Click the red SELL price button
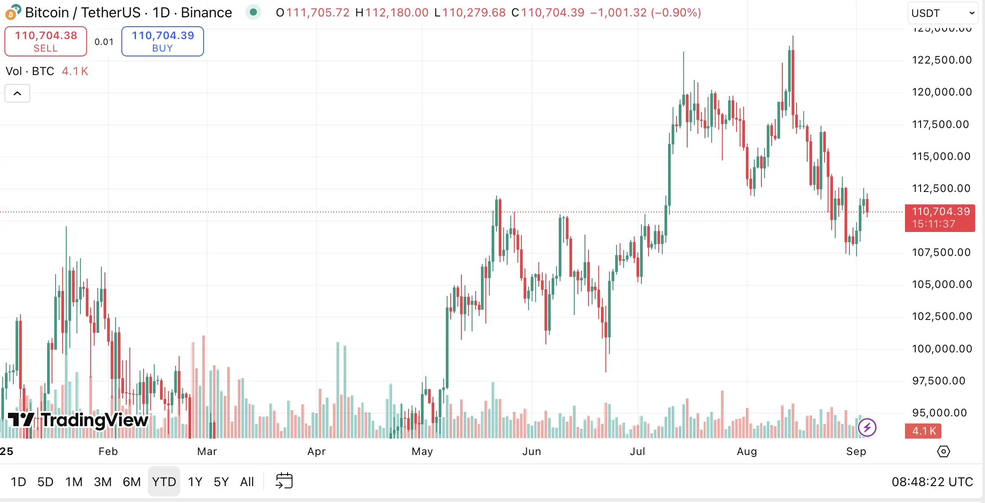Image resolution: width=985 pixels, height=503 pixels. (x=46, y=41)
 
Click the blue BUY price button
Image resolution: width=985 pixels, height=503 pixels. (x=163, y=41)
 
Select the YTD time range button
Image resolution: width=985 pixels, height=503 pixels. (x=164, y=482)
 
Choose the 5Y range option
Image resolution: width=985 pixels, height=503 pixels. (x=221, y=482)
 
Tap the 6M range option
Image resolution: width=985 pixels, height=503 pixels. (x=132, y=482)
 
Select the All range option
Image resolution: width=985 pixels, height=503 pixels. (x=247, y=482)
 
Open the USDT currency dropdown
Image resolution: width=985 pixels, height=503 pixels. (x=942, y=13)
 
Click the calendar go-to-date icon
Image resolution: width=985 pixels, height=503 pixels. (x=284, y=481)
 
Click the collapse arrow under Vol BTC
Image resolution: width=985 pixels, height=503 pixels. (x=17, y=93)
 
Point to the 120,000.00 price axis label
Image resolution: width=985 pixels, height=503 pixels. (x=941, y=92)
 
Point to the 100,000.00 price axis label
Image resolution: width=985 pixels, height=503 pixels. (x=941, y=349)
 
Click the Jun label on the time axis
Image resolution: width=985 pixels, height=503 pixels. (x=532, y=451)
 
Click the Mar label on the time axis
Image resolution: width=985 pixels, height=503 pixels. (x=207, y=451)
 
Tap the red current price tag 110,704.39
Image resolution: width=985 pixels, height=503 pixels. (x=940, y=218)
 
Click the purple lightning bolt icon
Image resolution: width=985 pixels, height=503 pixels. (x=867, y=427)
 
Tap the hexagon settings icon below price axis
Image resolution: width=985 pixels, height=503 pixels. (x=943, y=451)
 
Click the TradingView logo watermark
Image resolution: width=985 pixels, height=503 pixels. (x=78, y=419)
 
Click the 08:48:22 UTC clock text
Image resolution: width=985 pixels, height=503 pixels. (x=932, y=482)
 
